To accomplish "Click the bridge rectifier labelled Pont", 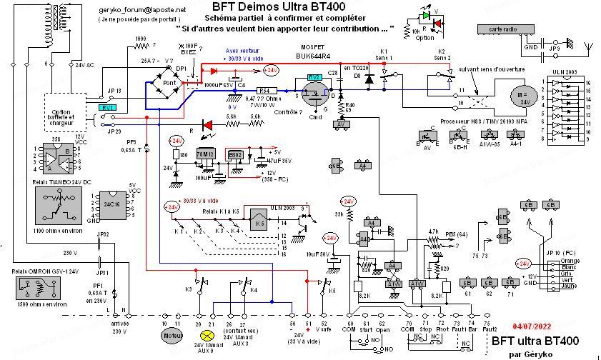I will tap(170, 84).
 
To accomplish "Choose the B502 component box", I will tap(235, 154).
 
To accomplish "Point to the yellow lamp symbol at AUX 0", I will tap(208, 334).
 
